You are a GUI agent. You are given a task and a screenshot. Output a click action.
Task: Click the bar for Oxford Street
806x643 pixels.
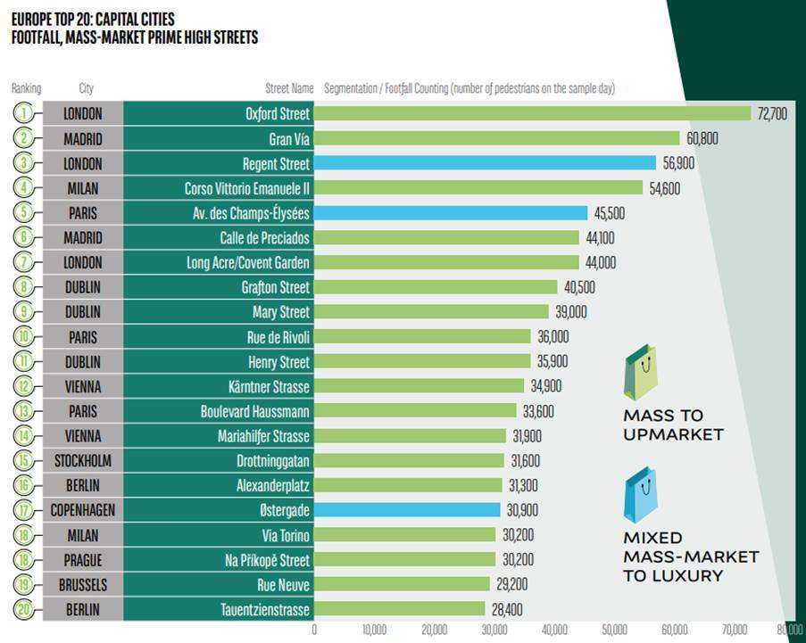(532, 114)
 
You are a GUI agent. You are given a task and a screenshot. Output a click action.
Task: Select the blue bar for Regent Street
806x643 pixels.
(485, 163)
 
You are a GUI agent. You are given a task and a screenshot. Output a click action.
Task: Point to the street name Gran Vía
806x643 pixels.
(289, 138)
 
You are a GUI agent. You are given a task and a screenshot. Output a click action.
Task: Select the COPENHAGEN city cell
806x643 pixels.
(82, 510)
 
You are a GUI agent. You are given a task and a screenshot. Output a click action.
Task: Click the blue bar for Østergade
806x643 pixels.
(407, 510)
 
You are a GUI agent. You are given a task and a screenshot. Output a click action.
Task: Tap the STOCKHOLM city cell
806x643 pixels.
(82, 461)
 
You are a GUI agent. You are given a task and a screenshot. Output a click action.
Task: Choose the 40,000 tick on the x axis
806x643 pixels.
(554, 629)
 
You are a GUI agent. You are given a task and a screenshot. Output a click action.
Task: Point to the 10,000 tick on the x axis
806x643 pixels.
(374, 629)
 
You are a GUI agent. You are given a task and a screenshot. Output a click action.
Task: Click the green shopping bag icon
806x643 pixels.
(642, 375)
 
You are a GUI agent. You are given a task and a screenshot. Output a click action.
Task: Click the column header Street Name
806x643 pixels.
(289, 88)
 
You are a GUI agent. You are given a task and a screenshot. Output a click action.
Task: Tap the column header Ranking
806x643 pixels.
(26, 88)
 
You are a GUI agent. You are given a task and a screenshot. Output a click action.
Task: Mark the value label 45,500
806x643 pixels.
(609, 213)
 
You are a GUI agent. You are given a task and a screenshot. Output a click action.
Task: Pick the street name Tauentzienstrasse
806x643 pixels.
(265, 609)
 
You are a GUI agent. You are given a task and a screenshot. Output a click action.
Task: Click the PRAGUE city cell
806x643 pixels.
(82, 560)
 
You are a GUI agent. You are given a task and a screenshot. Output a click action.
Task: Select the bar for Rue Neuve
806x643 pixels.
(402, 584)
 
